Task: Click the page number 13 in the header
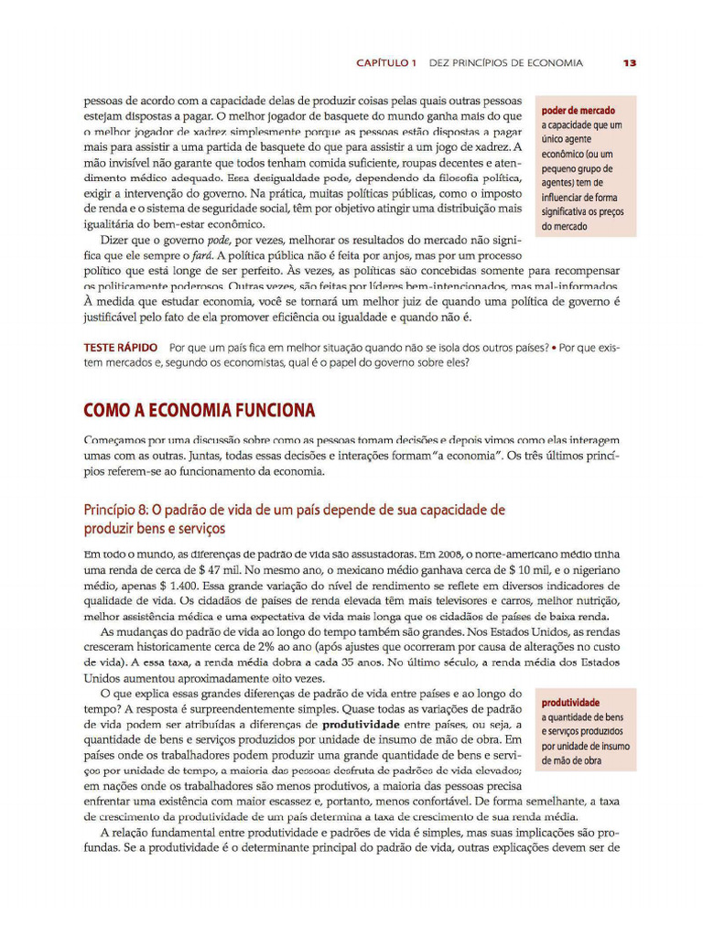click(629, 63)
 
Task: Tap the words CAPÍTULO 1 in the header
click(385, 63)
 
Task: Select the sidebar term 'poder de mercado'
click(579, 111)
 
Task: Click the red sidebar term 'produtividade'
click(570, 703)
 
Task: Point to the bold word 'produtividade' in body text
click(366, 724)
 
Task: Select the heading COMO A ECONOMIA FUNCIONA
click(199, 409)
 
